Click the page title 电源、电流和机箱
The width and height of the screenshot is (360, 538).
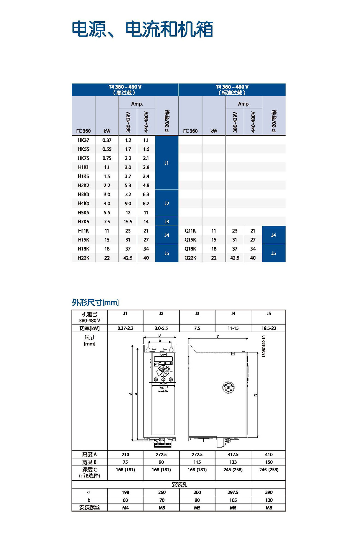point(142,29)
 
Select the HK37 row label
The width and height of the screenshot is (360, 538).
point(83,140)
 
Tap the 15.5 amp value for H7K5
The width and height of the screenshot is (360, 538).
point(128,222)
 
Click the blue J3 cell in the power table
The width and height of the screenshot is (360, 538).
point(167,222)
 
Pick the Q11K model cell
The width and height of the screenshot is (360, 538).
point(190,231)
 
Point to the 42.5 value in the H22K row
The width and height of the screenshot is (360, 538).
point(128,258)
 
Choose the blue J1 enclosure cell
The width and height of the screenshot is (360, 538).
point(167,163)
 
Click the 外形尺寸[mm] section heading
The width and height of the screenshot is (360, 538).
point(95,302)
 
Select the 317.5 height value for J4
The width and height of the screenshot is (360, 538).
point(233,454)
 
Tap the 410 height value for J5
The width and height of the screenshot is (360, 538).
point(269,454)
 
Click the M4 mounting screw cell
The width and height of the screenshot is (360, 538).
point(125,508)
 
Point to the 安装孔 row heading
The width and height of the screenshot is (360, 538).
point(179,484)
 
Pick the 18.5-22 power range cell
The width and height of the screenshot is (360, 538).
point(269,328)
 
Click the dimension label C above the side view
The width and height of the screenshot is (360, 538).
point(218,337)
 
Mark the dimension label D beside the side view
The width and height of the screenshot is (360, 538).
point(256,395)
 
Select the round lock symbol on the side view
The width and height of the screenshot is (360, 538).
point(228,388)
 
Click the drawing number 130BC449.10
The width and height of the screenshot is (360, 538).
point(264,346)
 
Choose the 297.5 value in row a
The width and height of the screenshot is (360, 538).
point(233,492)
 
